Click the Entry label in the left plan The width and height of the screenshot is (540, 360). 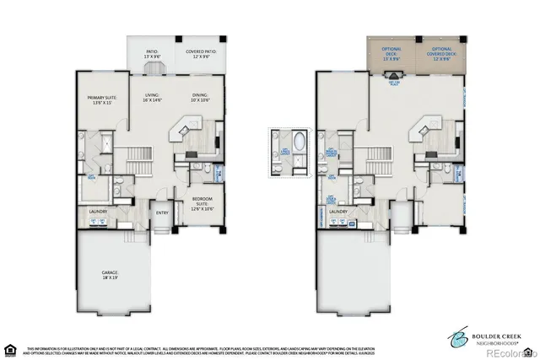pos(162,213)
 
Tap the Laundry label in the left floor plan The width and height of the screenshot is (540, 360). pos(99,212)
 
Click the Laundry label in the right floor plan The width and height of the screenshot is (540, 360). pos(339,212)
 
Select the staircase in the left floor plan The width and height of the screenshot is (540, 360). pos(138,157)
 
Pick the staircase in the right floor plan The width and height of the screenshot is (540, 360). pos(378,157)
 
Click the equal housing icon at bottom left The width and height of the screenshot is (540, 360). pos(10,347)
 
